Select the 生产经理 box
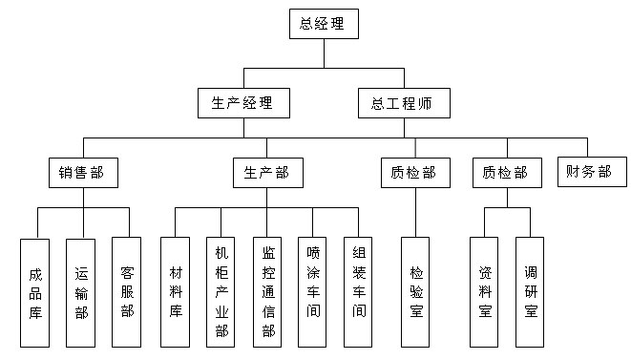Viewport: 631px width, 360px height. (x=242, y=103)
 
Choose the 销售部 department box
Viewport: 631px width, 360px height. (x=83, y=173)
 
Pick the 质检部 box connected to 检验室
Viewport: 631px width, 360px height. (x=414, y=173)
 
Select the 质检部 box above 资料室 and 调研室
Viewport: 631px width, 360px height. (x=506, y=173)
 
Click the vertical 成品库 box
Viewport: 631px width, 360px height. (x=36, y=291)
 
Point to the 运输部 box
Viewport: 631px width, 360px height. (x=82, y=291)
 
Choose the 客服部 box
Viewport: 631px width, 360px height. (x=128, y=291)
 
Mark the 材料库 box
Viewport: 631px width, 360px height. (x=175, y=291)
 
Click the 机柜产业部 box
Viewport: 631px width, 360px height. (x=221, y=291)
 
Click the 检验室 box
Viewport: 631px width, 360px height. (x=415, y=291)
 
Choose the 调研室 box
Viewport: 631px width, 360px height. (x=530, y=291)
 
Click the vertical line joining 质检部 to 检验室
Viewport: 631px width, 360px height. (x=414, y=212)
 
